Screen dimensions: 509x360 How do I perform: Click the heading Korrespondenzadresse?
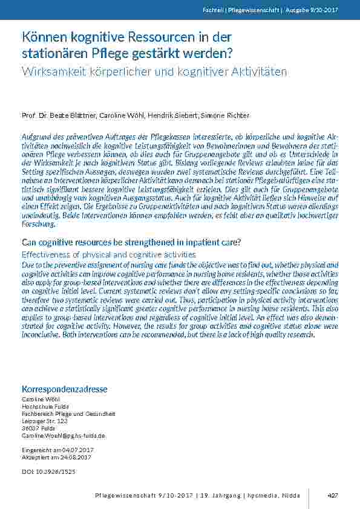tap(64, 389)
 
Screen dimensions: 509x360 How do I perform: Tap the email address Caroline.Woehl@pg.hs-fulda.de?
tap(64, 435)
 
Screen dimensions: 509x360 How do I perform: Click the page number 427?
tap(332, 495)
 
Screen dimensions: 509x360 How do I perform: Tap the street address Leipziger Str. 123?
tap(45, 421)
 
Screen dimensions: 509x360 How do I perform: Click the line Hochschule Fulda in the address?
tap(42, 406)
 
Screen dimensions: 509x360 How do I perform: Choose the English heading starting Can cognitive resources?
tap(131, 242)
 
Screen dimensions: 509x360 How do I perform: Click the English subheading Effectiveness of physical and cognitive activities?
tap(109, 254)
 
